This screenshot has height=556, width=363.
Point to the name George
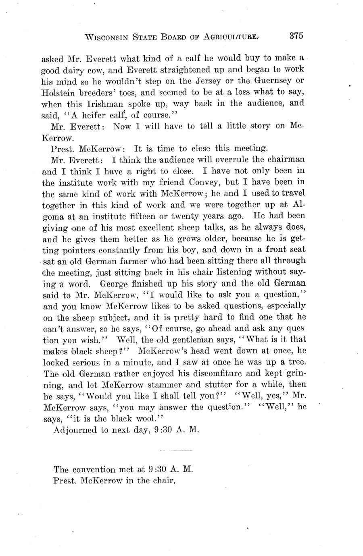tap(115, 284)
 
